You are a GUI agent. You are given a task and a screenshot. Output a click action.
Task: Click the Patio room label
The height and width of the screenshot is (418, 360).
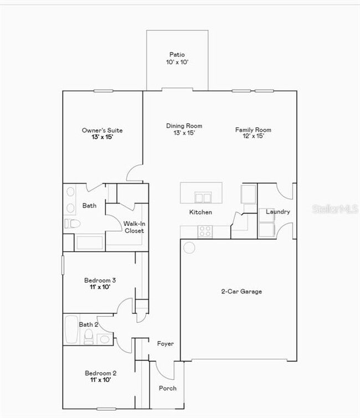click(177, 55)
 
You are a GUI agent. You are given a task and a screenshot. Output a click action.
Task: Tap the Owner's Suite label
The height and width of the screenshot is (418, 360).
click(102, 131)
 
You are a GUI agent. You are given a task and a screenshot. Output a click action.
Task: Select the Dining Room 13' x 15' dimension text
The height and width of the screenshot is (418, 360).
click(184, 133)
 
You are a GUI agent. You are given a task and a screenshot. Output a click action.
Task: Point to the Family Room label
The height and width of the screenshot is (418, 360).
click(253, 130)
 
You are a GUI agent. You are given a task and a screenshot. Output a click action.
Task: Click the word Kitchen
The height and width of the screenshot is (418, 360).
click(200, 212)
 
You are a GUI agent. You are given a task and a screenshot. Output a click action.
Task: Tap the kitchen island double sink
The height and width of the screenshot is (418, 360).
click(203, 198)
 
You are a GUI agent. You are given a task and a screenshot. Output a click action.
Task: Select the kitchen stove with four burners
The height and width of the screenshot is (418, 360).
click(205, 231)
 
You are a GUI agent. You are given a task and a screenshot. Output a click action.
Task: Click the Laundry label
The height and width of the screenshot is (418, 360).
click(277, 211)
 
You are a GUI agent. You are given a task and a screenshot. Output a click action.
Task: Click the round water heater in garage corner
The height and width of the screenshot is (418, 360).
click(189, 247)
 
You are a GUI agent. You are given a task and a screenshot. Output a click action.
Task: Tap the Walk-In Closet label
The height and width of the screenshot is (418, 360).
click(134, 227)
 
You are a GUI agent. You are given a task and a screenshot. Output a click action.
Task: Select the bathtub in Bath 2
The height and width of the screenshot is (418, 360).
click(71, 329)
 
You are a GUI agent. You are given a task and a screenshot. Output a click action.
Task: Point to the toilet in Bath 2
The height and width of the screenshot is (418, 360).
click(89, 337)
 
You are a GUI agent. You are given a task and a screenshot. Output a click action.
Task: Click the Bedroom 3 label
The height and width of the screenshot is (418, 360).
click(100, 280)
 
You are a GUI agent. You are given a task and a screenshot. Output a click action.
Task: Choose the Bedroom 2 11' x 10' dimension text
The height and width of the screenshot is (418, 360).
click(100, 381)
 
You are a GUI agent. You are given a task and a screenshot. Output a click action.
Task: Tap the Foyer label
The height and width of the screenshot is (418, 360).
click(165, 344)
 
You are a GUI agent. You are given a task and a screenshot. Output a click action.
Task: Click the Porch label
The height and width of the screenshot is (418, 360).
click(168, 388)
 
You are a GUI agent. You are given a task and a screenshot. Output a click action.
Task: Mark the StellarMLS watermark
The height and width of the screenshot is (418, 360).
click(335, 209)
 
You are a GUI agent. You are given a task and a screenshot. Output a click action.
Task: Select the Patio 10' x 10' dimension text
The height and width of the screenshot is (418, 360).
click(177, 63)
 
